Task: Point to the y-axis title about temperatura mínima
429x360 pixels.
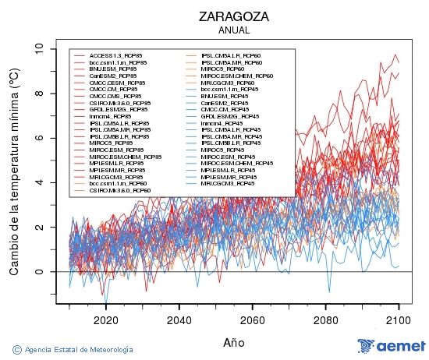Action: point(14,172)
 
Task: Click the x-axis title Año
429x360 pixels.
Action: point(233,342)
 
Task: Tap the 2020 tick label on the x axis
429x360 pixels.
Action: point(105,319)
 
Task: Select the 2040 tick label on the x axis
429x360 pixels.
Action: point(179,319)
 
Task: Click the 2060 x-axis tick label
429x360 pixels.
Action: point(252,319)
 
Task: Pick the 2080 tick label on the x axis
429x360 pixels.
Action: point(325,319)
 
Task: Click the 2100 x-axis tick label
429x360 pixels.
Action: point(399,319)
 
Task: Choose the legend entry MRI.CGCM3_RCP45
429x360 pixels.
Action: point(227,183)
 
